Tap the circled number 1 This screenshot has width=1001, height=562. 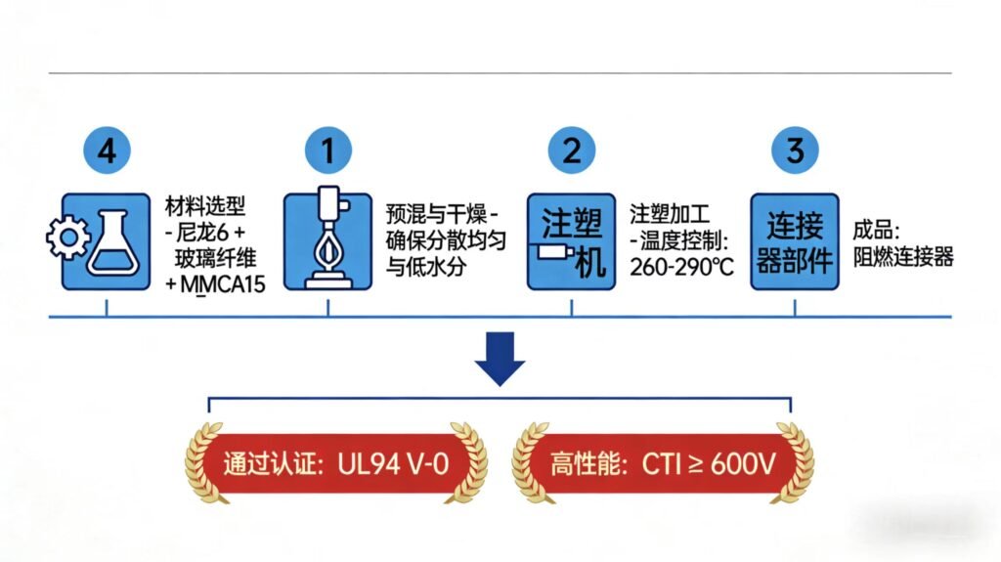click(x=327, y=151)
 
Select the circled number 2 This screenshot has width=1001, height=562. click(x=571, y=151)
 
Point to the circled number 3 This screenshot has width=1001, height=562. click(x=794, y=151)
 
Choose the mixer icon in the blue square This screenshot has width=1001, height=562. click(x=327, y=241)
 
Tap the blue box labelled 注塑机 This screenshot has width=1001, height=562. click(x=572, y=241)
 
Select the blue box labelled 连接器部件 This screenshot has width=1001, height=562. click(x=794, y=241)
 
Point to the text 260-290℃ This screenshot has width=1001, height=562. click(x=681, y=266)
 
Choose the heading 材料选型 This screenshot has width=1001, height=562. click(x=205, y=207)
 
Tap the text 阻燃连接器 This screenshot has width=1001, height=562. click(x=902, y=258)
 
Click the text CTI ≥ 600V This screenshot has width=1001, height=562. click(x=708, y=462)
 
